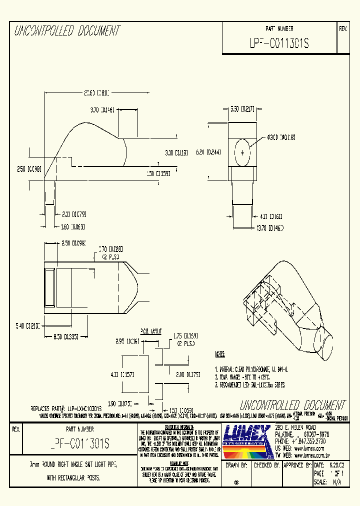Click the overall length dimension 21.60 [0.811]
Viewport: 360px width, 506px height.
[x=96, y=92]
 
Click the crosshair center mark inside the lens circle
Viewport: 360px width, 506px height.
[x=243, y=152]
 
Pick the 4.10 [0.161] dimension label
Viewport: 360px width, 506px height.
[x=270, y=216]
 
